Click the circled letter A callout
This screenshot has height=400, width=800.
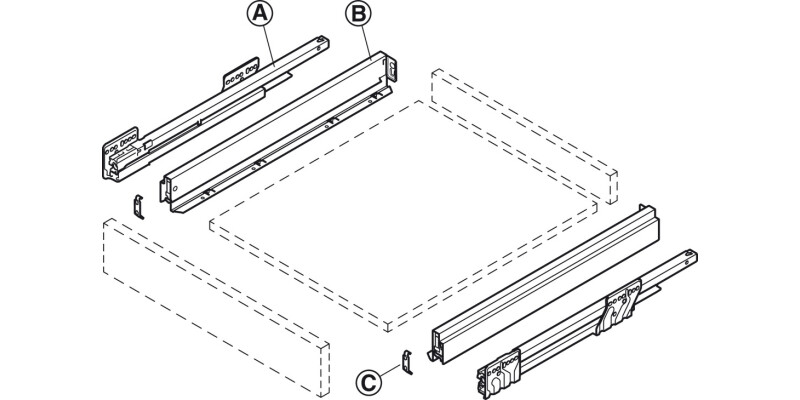260,14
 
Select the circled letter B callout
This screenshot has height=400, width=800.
358,14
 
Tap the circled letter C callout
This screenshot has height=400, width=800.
368,382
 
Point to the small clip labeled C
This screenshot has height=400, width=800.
407,362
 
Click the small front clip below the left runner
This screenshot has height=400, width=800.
138,207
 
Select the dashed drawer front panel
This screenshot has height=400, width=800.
216,307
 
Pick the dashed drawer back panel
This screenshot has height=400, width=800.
524,136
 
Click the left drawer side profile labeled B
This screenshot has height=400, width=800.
278,132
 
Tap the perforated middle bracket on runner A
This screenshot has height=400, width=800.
240,74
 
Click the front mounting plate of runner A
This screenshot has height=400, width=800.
120,153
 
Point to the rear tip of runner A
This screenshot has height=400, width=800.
321,42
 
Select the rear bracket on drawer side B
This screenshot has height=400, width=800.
391,69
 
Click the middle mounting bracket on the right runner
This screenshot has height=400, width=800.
621,306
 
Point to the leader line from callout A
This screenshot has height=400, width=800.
269,46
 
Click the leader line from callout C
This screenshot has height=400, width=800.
390,372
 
